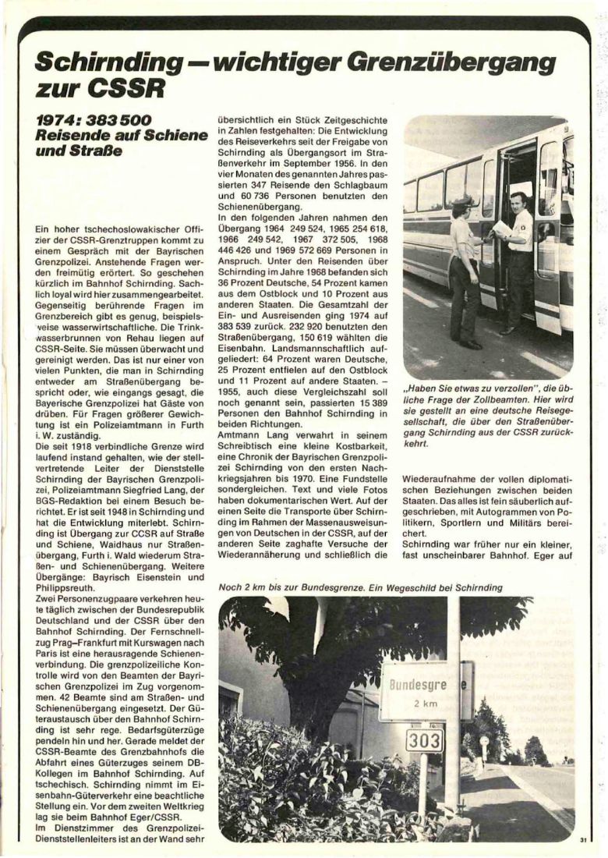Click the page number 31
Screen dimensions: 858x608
click(582, 839)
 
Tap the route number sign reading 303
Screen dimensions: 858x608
click(424, 739)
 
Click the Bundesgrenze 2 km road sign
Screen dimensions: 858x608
click(424, 691)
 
